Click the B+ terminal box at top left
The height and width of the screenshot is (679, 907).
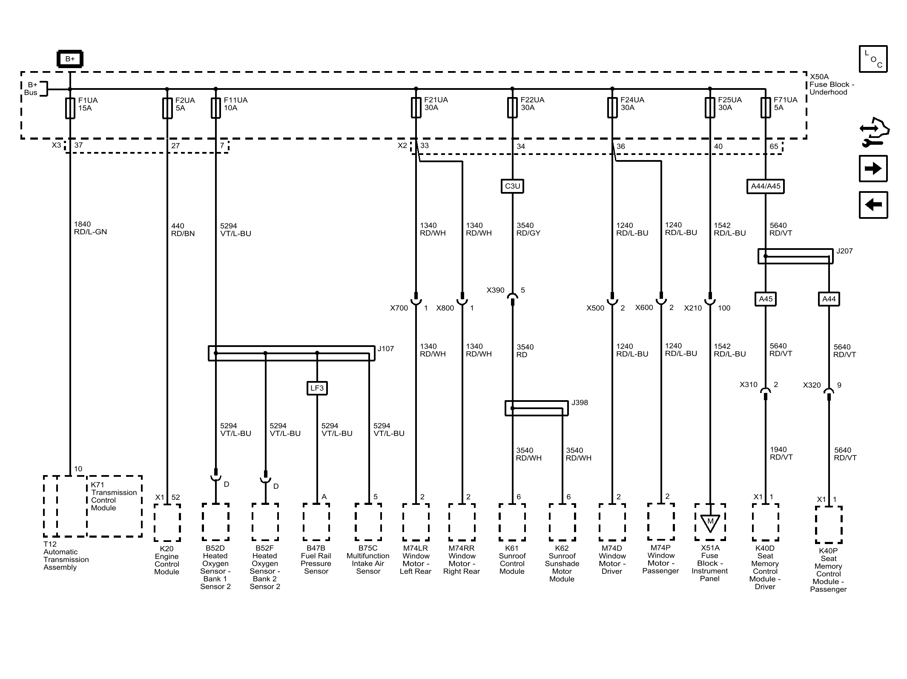(70, 59)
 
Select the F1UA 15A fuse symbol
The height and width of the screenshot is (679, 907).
(70, 108)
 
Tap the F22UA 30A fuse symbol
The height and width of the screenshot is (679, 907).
(512, 108)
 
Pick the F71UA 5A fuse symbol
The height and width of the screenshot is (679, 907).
(766, 108)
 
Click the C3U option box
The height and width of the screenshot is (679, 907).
(512, 186)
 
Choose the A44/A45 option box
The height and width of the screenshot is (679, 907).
(766, 186)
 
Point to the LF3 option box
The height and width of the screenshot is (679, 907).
(317, 388)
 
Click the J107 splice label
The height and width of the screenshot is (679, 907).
(386, 349)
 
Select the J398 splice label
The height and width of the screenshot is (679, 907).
(580, 402)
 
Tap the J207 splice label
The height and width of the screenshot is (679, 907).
(844, 251)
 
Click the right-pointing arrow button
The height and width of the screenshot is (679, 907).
(873, 169)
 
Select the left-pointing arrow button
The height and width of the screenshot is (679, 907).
(873, 205)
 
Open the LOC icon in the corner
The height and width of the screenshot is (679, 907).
(873, 59)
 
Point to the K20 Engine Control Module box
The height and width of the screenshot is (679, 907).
(167, 523)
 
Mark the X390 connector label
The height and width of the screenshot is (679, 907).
(496, 290)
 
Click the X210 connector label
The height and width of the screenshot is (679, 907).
(693, 308)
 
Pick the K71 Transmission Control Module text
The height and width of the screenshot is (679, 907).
(114, 496)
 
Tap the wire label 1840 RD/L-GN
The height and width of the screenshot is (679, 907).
(90, 228)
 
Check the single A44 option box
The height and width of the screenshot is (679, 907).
(829, 299)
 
